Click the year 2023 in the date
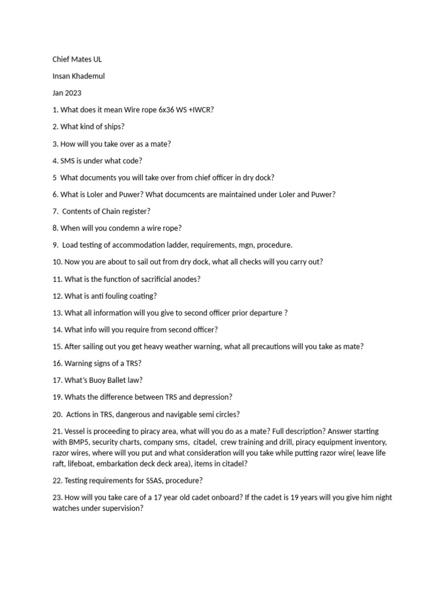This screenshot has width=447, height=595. pos(74,93)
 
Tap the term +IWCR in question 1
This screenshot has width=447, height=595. pos(200,110)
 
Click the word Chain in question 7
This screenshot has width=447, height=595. pos(112,212)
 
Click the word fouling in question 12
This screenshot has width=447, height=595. pos(111,296)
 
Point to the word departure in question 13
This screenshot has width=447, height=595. pos(265,313)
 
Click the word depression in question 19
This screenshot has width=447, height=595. pos(210,397)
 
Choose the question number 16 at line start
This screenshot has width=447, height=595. pos(57,364)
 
